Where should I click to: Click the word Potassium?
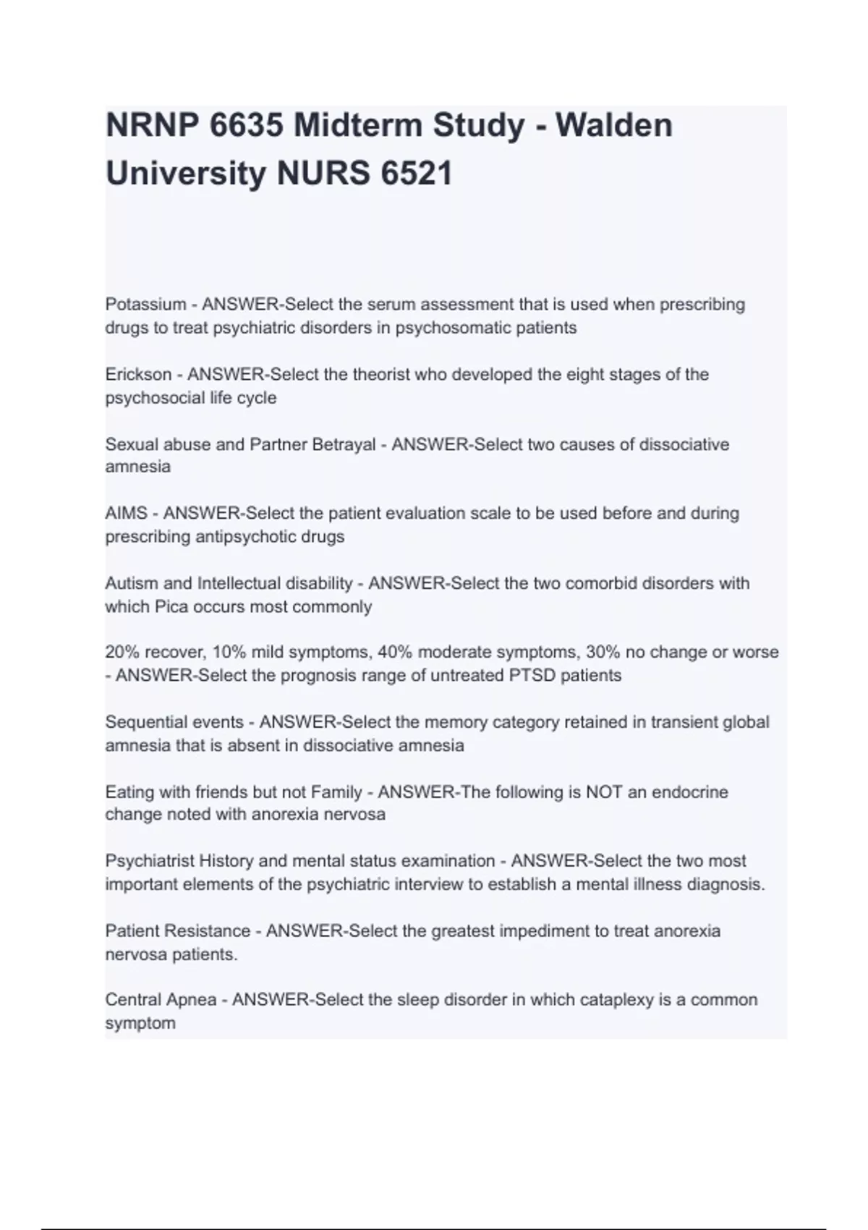click(145, 305)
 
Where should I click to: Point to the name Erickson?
click(138, 375)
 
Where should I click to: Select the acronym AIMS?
click(127, 514)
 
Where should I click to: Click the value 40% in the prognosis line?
click(395, 653)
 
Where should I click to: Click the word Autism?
click(127, 583)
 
